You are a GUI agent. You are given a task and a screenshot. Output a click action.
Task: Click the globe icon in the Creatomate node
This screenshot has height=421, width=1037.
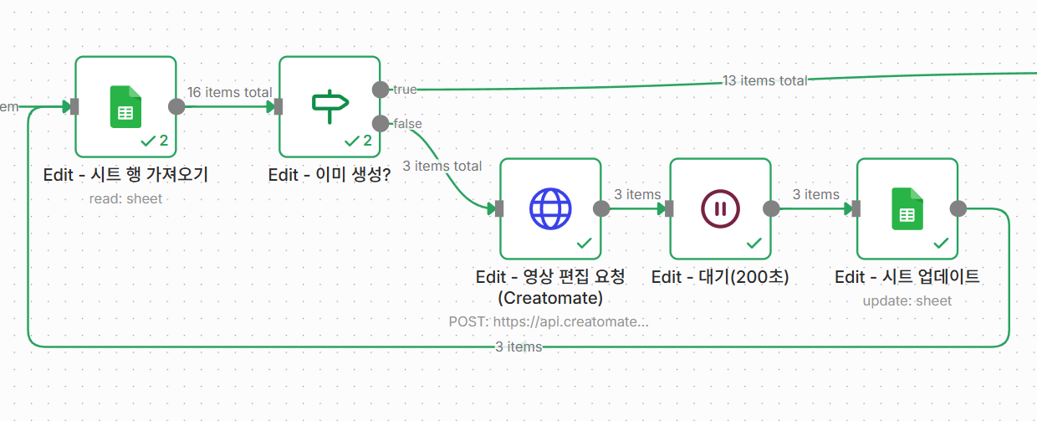tap(550, 208)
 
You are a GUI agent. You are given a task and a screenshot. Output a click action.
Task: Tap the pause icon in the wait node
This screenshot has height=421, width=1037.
tap(720, 208)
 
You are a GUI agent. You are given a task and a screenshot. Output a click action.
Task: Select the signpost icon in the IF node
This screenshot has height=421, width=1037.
tap(329, 104)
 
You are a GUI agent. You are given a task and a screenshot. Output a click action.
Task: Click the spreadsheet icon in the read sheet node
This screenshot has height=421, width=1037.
tap(125, 107)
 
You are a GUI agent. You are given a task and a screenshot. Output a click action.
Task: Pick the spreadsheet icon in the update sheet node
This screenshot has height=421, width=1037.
tap(907, 208)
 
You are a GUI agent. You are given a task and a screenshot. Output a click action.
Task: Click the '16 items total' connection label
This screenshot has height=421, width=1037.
tap(229, 92)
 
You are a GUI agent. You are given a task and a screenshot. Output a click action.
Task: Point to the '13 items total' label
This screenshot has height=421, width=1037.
tap(764, 80)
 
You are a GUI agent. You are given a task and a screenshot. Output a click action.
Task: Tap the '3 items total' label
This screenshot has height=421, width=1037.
tap(442, 166)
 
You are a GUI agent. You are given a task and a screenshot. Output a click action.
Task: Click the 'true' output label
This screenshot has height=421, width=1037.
tap(405, 90)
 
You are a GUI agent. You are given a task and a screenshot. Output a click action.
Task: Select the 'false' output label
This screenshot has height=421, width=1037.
tap(407, 124)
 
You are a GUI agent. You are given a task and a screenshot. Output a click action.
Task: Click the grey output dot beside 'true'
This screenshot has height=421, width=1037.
tap(381, 90)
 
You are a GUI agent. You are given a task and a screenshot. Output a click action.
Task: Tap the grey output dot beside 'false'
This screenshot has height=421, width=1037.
tap(381, 124)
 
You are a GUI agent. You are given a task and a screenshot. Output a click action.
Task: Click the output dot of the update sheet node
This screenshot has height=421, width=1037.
tap(958, 208)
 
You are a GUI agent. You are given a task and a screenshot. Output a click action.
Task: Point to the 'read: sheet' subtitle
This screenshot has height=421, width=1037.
tap(125, 199)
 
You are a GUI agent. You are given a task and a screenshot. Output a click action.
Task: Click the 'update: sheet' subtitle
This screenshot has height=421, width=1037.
tap(907, 301)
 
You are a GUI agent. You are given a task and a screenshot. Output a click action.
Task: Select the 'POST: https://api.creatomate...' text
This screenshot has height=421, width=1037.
tap(549, 321)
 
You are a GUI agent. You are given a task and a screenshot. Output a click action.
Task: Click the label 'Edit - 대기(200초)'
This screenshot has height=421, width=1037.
tap(720, 277)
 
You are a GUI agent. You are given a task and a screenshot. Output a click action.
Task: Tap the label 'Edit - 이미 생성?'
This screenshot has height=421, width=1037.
tap(329, 176)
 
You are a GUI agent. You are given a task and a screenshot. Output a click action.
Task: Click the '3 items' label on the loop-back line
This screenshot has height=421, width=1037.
tap(518, 347)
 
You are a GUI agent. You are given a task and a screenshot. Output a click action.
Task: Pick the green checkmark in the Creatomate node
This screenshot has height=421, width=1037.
tap(585, 243)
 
